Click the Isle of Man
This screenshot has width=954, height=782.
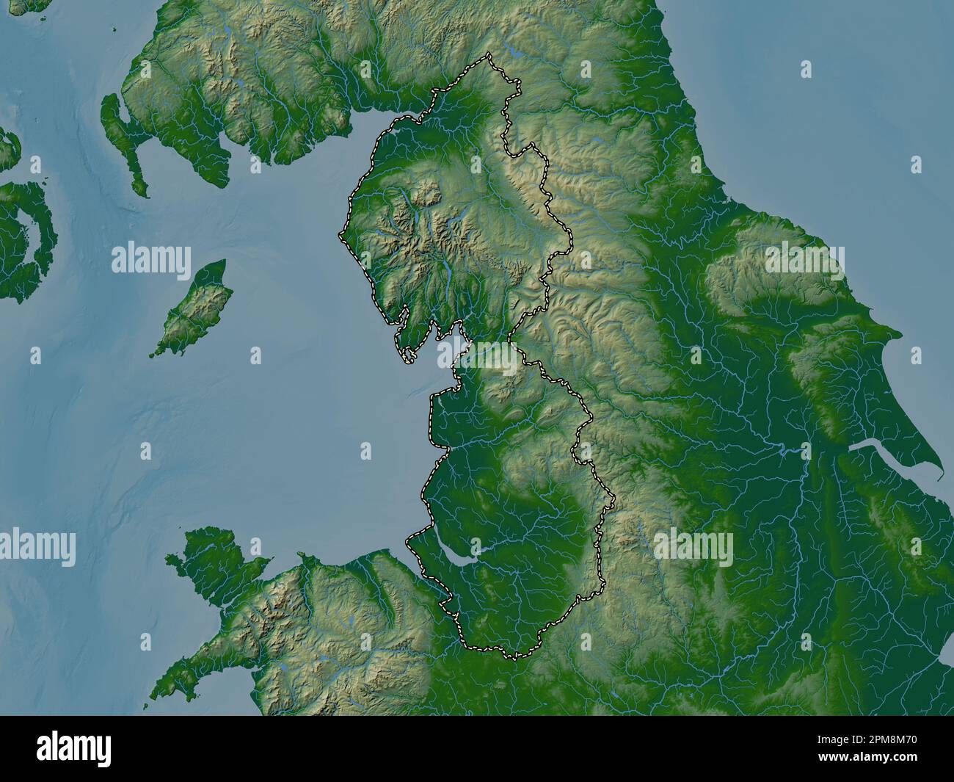tap(193, 311)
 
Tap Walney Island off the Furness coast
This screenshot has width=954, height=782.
tap(405, 352)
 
